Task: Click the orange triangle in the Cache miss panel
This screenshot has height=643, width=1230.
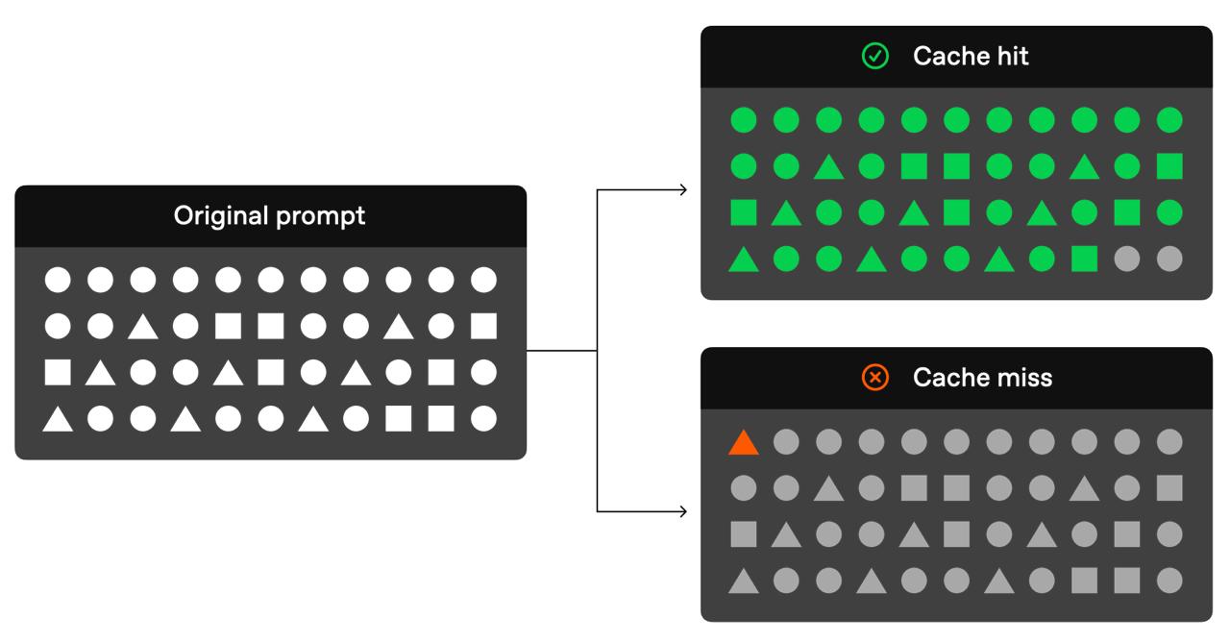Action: (x=744, y=443)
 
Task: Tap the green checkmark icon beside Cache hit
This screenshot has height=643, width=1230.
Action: (x=874, y=56)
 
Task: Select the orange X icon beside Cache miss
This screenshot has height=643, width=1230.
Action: (x=874, y=377)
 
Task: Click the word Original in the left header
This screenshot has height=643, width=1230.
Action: (x=222, y=216)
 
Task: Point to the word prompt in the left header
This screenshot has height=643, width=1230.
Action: (x=321, y=217)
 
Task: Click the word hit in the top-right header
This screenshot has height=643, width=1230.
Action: (x=1013, y=56)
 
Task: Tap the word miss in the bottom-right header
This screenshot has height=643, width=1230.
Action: (x=1024, y=378)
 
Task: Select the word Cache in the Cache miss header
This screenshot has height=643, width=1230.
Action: (x=951, y=378)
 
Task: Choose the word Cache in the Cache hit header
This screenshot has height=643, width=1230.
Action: (x=951, y=56)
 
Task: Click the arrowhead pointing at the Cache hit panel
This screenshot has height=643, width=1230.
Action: (x=683, y=190)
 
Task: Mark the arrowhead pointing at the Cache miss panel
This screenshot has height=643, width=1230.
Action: (x=683, y=511)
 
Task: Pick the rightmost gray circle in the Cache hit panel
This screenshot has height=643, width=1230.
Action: (x=1169, y=259)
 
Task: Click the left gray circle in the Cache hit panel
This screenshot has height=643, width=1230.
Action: (x=1127, y=259)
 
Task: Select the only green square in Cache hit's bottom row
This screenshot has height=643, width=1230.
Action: (x=1085, y=259)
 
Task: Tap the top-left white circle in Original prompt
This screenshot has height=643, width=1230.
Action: (x=58, y=280)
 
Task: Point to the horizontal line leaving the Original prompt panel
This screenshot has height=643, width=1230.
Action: (x=562, y=350)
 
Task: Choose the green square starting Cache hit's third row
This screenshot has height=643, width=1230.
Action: (x=744, y=212)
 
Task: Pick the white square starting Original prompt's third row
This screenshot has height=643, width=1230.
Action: (x=58, y=372)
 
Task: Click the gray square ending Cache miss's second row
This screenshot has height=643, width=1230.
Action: (x=1169, y=488)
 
